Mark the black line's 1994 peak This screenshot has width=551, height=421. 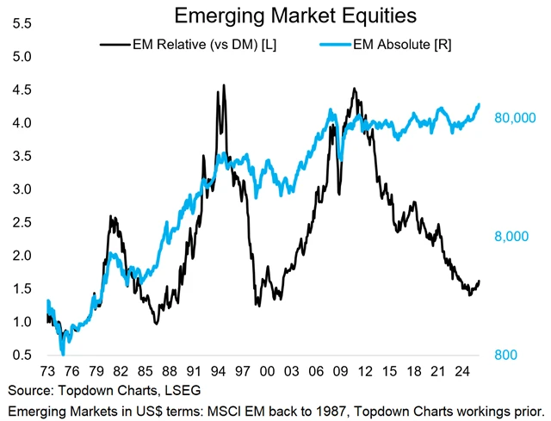coord(224,85)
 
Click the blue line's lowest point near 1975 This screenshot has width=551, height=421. coord(63,352)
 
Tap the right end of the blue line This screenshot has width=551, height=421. coord(480,104)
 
